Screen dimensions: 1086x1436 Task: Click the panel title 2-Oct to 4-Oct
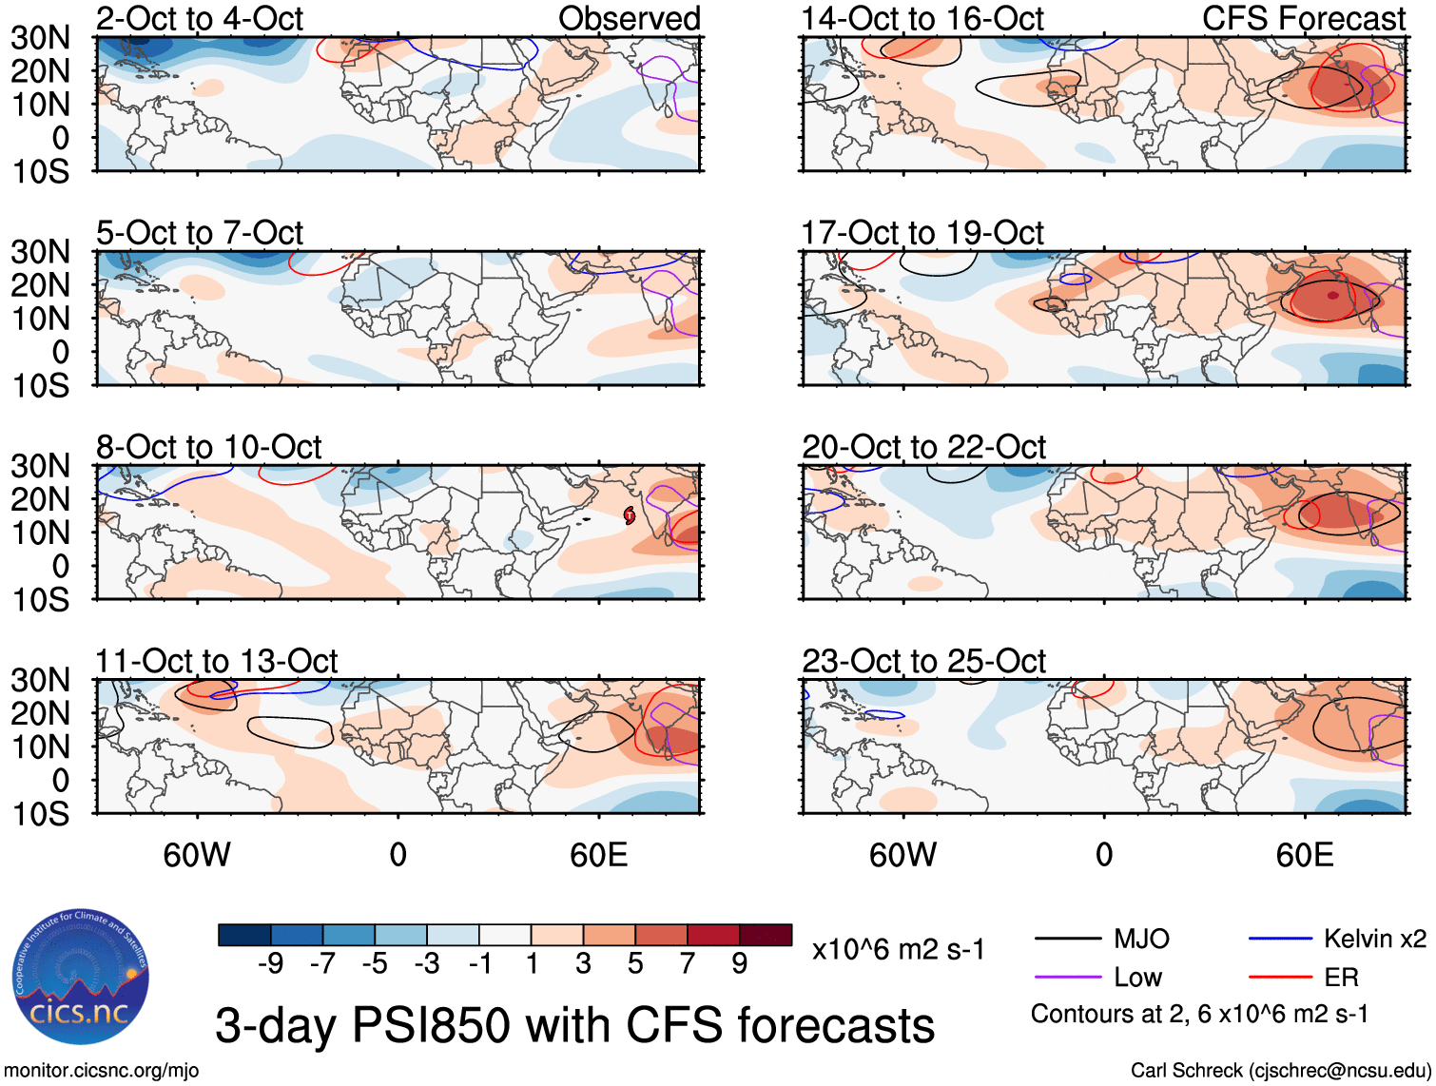click(x=200, y=18)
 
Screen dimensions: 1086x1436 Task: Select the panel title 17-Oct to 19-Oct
click(x=922, y=233)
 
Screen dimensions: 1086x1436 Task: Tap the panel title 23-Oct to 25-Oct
click(x=923, y=661)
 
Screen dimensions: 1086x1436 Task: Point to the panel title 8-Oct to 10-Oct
click(x=209, y=447)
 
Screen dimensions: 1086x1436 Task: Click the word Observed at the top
click(x=629, y=18)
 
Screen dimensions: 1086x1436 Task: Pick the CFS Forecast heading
click(x=1304, y=18)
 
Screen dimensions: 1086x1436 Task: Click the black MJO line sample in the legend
click(x=1067, y=940)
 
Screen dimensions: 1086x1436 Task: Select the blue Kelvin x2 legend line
click(x=1280, y=940)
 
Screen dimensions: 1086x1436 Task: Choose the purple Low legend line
click(x=1067, y=977)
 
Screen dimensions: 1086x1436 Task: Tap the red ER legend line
click(x=1280, y=977)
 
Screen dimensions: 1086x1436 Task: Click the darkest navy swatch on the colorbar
click(x=244, y=935)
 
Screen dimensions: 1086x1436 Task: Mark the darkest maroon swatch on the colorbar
click(x=766, y=935)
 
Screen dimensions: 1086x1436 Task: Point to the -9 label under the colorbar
click(x=270, y=964)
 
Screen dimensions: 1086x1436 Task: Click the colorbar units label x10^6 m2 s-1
click(x=899, y=949)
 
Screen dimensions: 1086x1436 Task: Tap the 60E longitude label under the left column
click(x=598, y=855)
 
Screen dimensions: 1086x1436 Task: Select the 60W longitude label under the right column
click(x=902, y=855)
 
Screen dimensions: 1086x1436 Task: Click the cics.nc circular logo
click(x=81, y=977)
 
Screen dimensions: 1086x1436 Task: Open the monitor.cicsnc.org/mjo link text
click(x=102, y=1071)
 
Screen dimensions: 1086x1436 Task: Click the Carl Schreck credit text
click(x=1280, y=1071)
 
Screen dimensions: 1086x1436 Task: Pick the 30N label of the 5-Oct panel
click(x=40, y=252)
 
